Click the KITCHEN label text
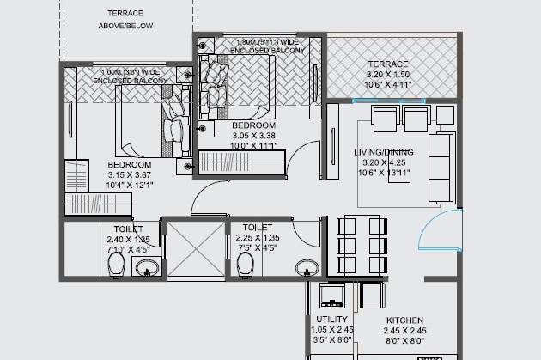(404, 320)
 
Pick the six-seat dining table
(360, 244)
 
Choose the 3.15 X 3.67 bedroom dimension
(130, 175)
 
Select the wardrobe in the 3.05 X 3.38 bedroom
(241, 162)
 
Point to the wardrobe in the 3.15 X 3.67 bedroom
(97, 204)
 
